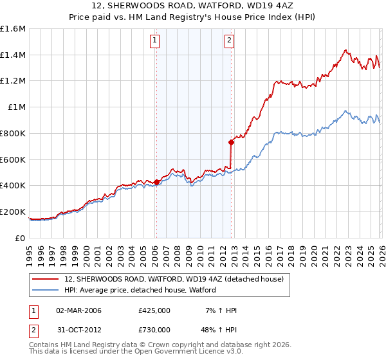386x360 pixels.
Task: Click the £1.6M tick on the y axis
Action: coord(13,29)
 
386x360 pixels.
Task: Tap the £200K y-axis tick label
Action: coord(13,212)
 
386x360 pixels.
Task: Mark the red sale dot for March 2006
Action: coord(156,183)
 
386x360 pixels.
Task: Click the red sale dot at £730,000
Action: coord(232,142)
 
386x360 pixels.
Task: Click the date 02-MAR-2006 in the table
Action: coord(78,310)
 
